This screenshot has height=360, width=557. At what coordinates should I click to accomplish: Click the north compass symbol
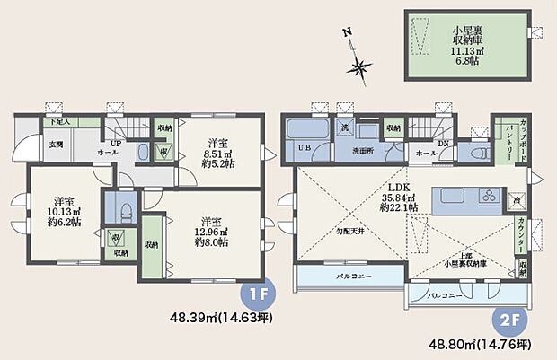click(x=360, y=64)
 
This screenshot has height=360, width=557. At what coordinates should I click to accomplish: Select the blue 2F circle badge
click(x=505, y=319)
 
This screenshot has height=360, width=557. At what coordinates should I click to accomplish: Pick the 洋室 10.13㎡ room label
click(x=62, y=213)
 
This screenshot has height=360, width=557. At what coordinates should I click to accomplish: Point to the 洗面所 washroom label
click(x=361, y=151)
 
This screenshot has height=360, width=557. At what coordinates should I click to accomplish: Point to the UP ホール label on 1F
click(x=116, y=149)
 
